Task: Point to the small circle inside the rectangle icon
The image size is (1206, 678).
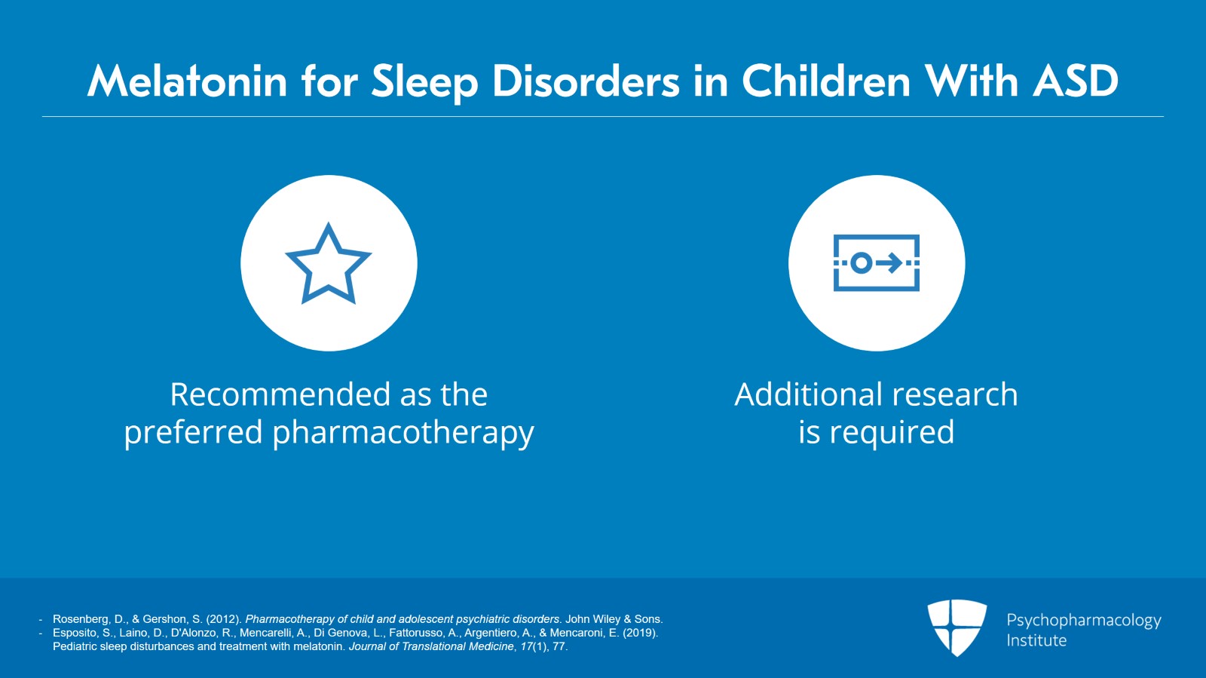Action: [x=862, y=262]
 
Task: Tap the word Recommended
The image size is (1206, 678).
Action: [x=280, y=394]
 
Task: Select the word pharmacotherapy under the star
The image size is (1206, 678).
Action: [x=403, y=433]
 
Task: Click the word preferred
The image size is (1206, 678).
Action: [x=193, y=433]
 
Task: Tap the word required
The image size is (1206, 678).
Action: [x=892, y=433]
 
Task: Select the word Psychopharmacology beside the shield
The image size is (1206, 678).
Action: [x=1084, y=621]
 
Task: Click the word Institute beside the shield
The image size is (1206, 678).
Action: [x=1036, y=640]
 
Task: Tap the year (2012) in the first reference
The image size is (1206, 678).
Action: [x=224, y=619]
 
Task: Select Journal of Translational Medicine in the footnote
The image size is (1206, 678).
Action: [x=431, y=646]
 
